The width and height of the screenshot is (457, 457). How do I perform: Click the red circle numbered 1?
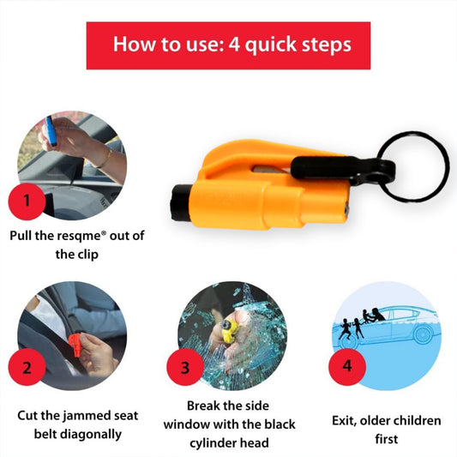pos(26,202)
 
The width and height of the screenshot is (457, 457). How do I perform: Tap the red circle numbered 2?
pos(27,369)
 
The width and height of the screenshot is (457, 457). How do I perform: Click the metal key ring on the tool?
pos(411,166)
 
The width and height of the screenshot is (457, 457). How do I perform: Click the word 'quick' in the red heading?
pos(273,45)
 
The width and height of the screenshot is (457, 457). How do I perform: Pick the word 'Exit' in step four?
pos(345,421)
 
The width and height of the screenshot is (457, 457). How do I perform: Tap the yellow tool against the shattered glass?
pos(227,330)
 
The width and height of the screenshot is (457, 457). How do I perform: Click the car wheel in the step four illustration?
pos(425,333)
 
